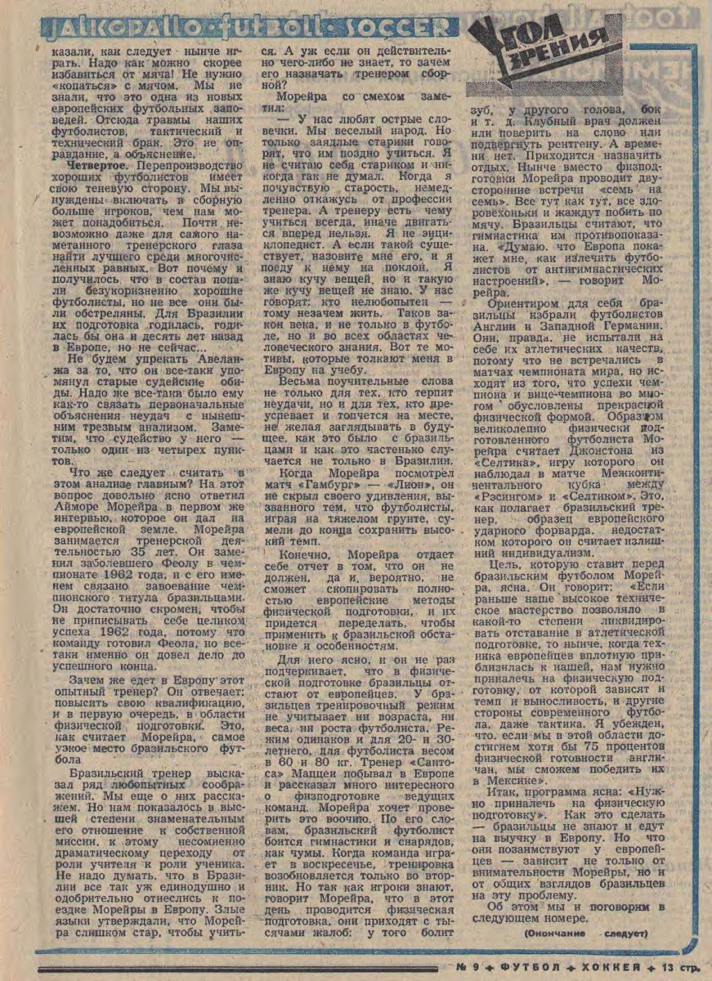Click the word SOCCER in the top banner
(408, 28)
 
